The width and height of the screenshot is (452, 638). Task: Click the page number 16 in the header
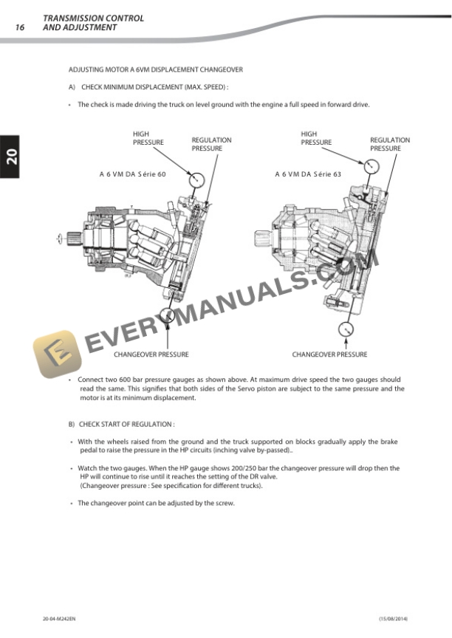(20, 27)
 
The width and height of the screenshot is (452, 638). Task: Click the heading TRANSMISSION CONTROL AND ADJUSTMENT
(93, 22)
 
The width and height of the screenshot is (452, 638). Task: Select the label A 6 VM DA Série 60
(133, 175)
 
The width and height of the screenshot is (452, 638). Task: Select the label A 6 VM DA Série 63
(308, 175)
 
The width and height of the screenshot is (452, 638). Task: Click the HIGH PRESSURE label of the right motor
(316, 138)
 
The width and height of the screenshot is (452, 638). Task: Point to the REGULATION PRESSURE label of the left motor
(211, 144)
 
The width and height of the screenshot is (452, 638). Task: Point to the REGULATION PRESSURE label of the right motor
(390, 144)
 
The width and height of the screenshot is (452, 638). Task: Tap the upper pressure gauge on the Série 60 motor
(196, 179)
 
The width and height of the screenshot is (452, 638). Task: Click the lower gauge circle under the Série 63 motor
(346, 329)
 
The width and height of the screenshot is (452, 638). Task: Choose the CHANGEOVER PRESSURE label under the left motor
(151, 354)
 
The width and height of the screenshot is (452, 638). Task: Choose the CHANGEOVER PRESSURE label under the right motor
(329, 354)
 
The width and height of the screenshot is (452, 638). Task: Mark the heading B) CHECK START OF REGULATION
(121, 425)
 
